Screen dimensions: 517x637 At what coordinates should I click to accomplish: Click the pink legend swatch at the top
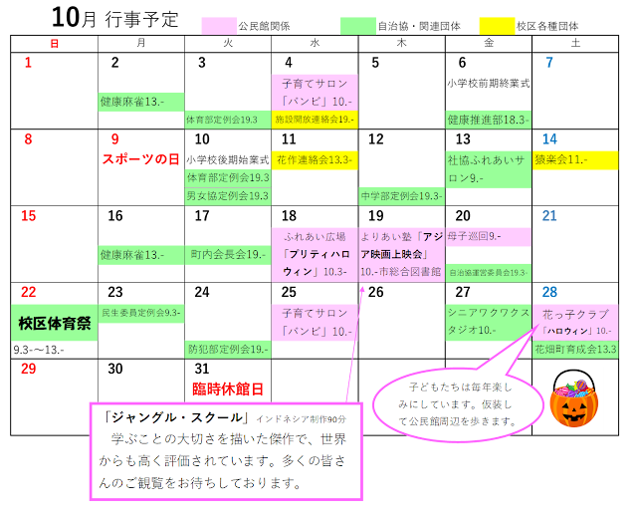[x=219, y=26]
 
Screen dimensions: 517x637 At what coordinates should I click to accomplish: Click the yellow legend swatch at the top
[x=497, y=26]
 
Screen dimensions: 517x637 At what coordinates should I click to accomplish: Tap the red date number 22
[x=29, y=292]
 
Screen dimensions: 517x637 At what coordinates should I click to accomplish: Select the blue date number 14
[x=549, y=139]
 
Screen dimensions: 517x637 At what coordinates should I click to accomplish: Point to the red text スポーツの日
[x=140, y=159]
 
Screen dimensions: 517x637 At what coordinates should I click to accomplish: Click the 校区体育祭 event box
[x=55, y=323]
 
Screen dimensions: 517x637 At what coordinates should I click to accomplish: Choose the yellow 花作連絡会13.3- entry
[x=314, y=159]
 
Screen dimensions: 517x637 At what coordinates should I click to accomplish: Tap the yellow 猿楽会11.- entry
[x=574, y=159]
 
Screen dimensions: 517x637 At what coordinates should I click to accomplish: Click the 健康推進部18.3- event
[x=488, y=120]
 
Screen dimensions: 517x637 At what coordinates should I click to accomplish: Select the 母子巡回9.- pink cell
[x=488, y=237]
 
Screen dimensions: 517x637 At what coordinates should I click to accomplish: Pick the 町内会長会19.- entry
[x=227, y=255]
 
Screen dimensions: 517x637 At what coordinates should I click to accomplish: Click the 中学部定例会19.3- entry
[x=401, y=196]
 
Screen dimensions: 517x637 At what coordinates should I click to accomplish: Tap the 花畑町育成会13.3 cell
[x=575, y=350]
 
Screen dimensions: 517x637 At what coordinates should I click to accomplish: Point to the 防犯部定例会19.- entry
[x=227, y=350]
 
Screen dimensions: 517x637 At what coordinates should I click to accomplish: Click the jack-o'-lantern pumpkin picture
[x=574, y=398]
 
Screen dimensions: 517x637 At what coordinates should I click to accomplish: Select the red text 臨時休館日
[x=227, y=388]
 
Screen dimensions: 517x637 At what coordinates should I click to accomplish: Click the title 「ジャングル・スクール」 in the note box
[x=169, y=417]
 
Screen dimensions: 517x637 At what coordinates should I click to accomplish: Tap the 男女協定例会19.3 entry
[x=227, y=196]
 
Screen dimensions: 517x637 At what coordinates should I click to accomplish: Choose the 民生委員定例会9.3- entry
[x=140, y=313]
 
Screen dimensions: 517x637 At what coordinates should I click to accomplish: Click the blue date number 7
[x=548, y=63]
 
